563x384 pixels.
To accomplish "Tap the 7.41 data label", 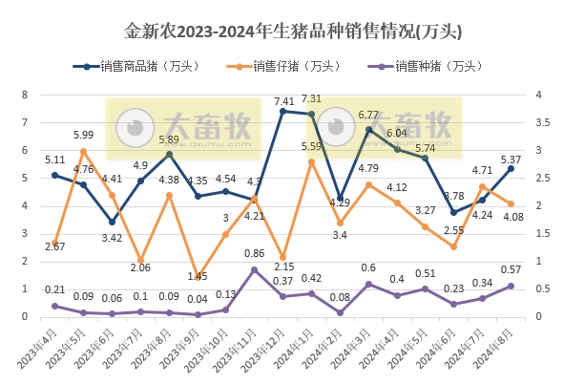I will coord(283,100).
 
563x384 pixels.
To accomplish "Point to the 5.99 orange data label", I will coord(82,135).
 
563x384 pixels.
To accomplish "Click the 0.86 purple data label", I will coord(255,253).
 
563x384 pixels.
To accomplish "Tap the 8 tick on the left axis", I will coord(26,96).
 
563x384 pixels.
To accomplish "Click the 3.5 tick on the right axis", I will coord(539,123).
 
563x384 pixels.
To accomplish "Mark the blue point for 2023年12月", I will coord(282,112).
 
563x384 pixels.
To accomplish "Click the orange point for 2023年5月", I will coord(83,151).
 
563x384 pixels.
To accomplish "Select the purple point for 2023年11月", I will coord(254,269).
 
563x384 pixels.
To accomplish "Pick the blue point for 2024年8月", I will coord(511,168).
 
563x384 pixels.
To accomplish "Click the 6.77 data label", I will coord(369,115).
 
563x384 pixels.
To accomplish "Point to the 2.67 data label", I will coord(54,246).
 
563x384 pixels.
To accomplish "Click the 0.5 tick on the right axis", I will coord(539,288).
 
